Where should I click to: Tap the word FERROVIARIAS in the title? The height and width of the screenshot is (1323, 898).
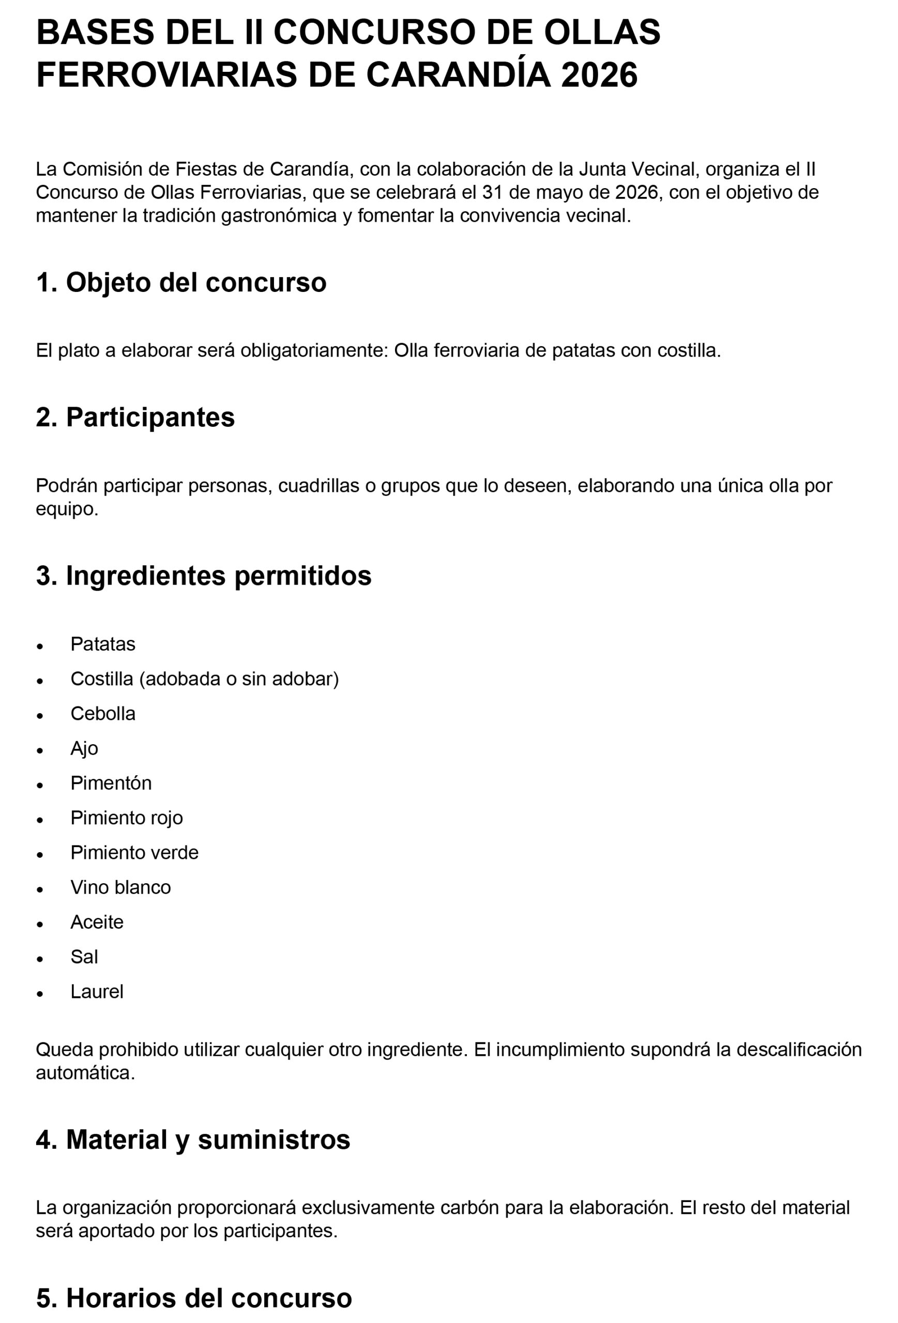[166, 75]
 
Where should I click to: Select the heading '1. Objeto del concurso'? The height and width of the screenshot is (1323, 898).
[181, 282]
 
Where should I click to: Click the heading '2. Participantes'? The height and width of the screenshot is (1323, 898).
[135, 417]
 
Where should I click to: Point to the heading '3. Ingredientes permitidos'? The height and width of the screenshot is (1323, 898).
[203, 576]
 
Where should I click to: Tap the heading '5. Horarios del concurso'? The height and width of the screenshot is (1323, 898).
[193, 1298]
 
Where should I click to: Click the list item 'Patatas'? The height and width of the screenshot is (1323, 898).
[103, 644]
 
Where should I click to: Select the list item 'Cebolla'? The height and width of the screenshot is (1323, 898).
[103, 713]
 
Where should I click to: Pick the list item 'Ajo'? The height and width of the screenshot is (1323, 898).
[84, 748]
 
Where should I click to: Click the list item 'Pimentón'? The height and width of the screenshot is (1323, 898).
[111, 783]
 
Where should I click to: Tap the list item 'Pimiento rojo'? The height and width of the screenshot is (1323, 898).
[127, 818]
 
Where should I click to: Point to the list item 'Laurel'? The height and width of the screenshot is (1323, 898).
[97, 991]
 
